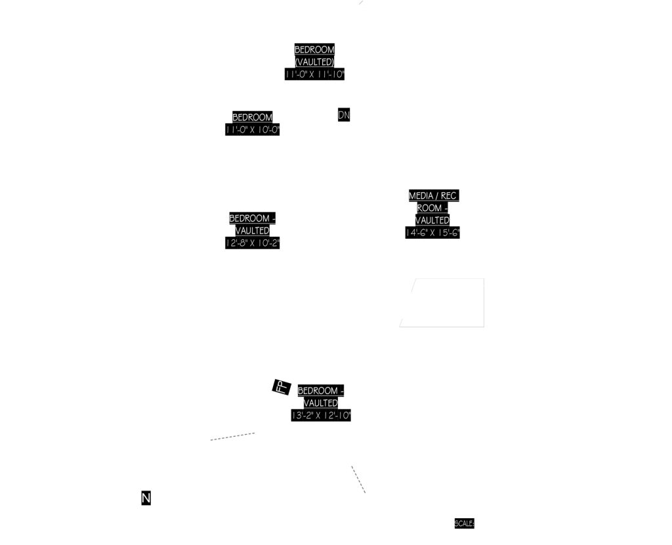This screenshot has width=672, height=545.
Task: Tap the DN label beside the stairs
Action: tap(344, 115)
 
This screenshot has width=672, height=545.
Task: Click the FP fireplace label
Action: tap(280, 386)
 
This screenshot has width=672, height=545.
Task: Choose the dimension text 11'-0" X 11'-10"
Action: tap(314, 74)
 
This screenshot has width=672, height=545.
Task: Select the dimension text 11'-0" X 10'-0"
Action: tap(253, 129)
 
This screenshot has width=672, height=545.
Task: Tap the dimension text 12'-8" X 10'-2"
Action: tap(253, 243)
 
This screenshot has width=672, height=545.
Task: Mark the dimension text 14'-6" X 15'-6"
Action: tap(432, 232)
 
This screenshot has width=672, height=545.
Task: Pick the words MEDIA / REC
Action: tap(432, 196)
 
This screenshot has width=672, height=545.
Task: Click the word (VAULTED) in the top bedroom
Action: tap(314, 62)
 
